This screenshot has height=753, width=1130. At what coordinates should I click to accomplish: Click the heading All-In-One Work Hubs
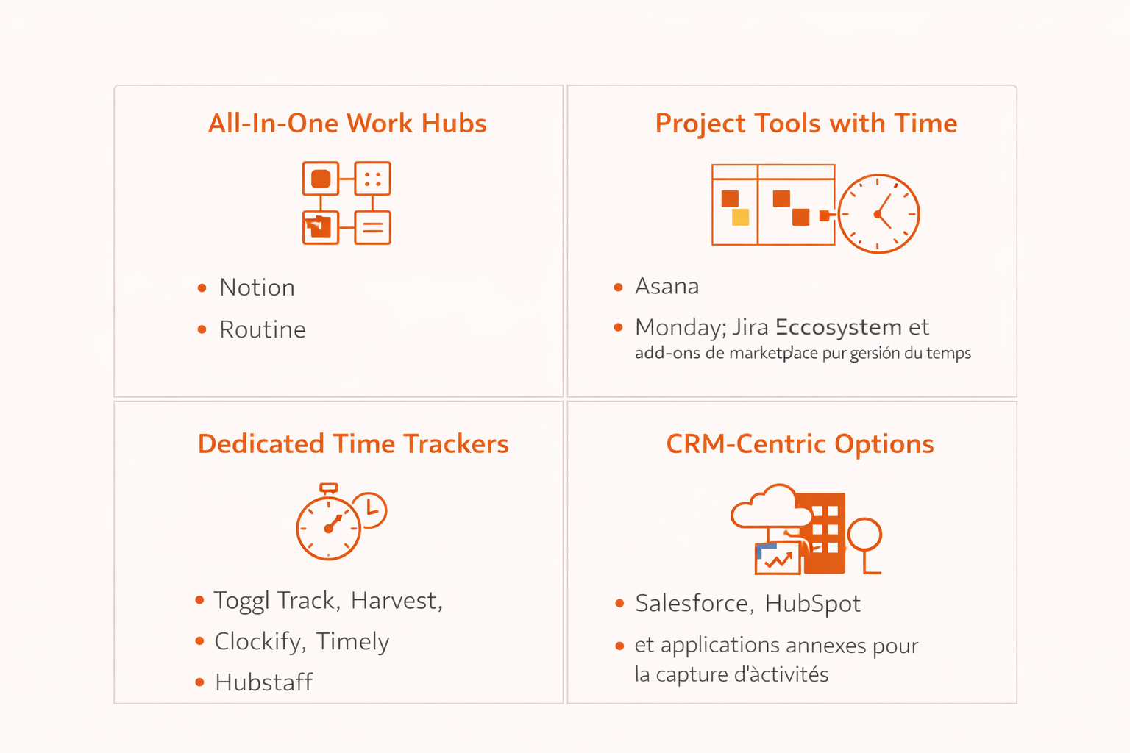coord(347,124)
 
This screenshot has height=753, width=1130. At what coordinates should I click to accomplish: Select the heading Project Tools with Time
coord(806,124)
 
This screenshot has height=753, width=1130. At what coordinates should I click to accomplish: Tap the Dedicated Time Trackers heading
coord(353,444)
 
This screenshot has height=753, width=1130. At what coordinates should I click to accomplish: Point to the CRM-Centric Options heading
coord(800,444)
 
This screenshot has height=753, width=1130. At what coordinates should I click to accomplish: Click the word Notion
coord(257,288)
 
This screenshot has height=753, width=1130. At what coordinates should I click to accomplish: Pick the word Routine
coord(262,329)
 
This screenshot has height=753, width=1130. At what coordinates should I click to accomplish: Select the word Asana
coord(667,286)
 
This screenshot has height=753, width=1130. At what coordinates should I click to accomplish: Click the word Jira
coord(750,327)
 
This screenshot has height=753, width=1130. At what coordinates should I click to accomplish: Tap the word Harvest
coord(395,601)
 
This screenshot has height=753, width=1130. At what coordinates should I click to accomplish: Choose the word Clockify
coord(257,642)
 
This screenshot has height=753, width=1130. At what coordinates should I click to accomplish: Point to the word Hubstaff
coord(263,682)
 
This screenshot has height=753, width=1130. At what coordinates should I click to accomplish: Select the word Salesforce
coord(692,604)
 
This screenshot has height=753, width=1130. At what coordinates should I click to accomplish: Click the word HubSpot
coord(812,604)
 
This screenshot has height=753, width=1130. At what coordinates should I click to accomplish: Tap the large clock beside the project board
coord(878,214)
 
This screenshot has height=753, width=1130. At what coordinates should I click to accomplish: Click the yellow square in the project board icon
coord(740,217)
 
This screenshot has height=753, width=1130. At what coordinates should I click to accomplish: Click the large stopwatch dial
coord(328,528)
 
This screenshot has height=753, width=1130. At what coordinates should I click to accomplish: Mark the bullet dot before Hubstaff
coord(199,682)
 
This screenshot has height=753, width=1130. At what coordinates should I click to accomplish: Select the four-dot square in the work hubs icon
coord(372,179)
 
